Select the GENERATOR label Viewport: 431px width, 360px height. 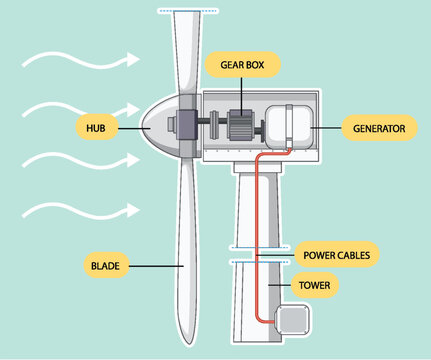tap(377, 128)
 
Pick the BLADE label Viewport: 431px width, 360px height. tap(104, 266)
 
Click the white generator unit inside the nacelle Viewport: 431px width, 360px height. tap(287, 129)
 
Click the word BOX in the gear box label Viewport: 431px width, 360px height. tap(261, 66)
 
